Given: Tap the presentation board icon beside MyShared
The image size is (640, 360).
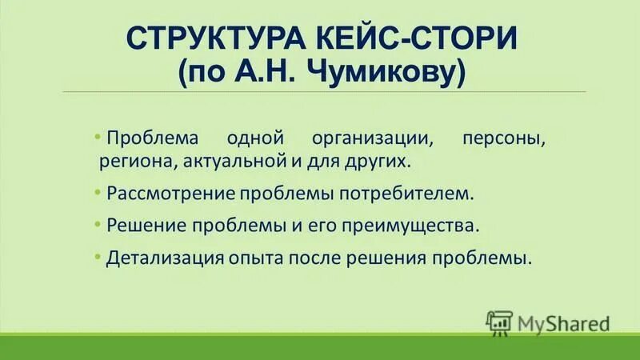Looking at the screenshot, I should [x=498, y=322].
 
